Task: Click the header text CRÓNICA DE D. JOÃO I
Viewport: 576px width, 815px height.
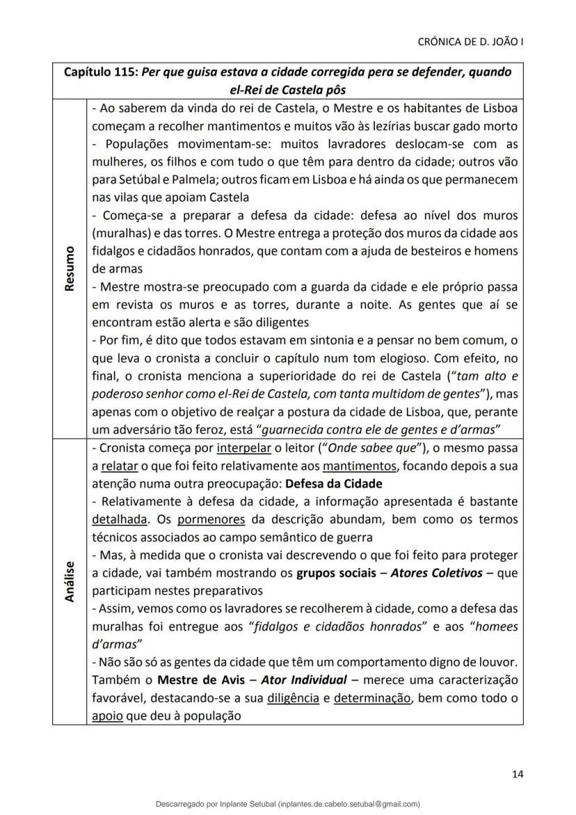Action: click(x=470, y=42)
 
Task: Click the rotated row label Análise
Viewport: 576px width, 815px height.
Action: click(x=70, y=581)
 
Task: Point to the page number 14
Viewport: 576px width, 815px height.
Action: click(x=517, y=773)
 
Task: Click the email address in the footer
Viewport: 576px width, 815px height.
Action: click(x=349, y=804)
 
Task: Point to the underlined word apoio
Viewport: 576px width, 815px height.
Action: click(x=106, y=715)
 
